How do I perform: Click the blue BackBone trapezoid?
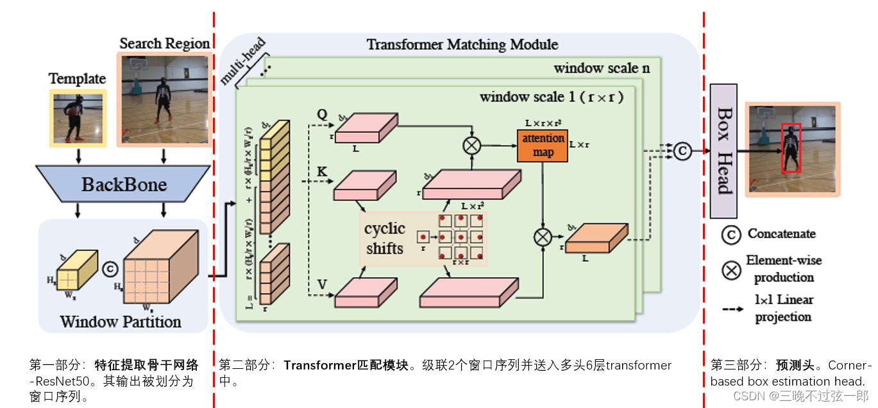(123, 186)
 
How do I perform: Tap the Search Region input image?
(164, 99)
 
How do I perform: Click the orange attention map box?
(543, 145)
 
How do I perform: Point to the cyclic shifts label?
(385, 238)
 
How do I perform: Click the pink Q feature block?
(363, 132)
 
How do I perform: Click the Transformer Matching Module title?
(462, 45)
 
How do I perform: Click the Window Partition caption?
(121, 321)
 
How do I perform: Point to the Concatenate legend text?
(781, 234)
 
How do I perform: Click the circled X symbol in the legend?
(731, 269)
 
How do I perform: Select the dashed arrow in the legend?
(731, 309)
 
